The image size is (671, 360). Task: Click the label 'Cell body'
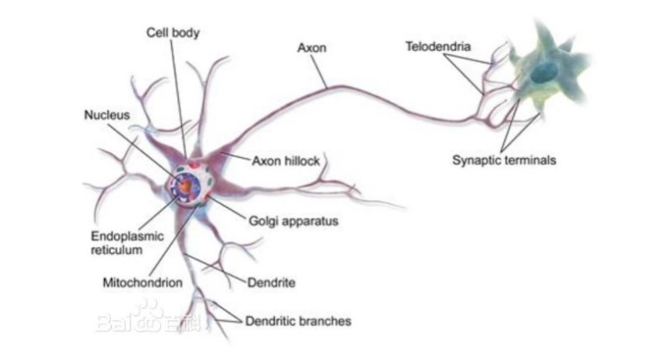(x=173, y=33)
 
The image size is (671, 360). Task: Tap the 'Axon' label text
(x=312, y=48)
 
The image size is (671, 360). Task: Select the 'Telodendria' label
(x=438, y=46)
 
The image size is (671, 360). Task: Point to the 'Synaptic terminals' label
(x=504, y=160)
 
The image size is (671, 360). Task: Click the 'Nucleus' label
(x=107, y=115)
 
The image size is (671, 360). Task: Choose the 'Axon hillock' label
(x=286, y=161)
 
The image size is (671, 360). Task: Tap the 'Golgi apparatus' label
(x=294, y=222)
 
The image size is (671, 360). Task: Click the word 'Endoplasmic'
(x=127, y=237)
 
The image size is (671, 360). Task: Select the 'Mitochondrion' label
(x=143, y=283)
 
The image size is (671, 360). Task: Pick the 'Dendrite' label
(x=271, y=283)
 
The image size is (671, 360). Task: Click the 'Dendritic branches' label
(x=299, y=321)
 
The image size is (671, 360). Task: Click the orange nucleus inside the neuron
(x=185, y=185)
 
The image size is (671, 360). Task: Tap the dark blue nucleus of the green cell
(x=544, y=72)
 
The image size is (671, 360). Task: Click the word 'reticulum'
(x=117, y=250)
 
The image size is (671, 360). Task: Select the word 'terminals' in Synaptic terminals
(x=531, y=160)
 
